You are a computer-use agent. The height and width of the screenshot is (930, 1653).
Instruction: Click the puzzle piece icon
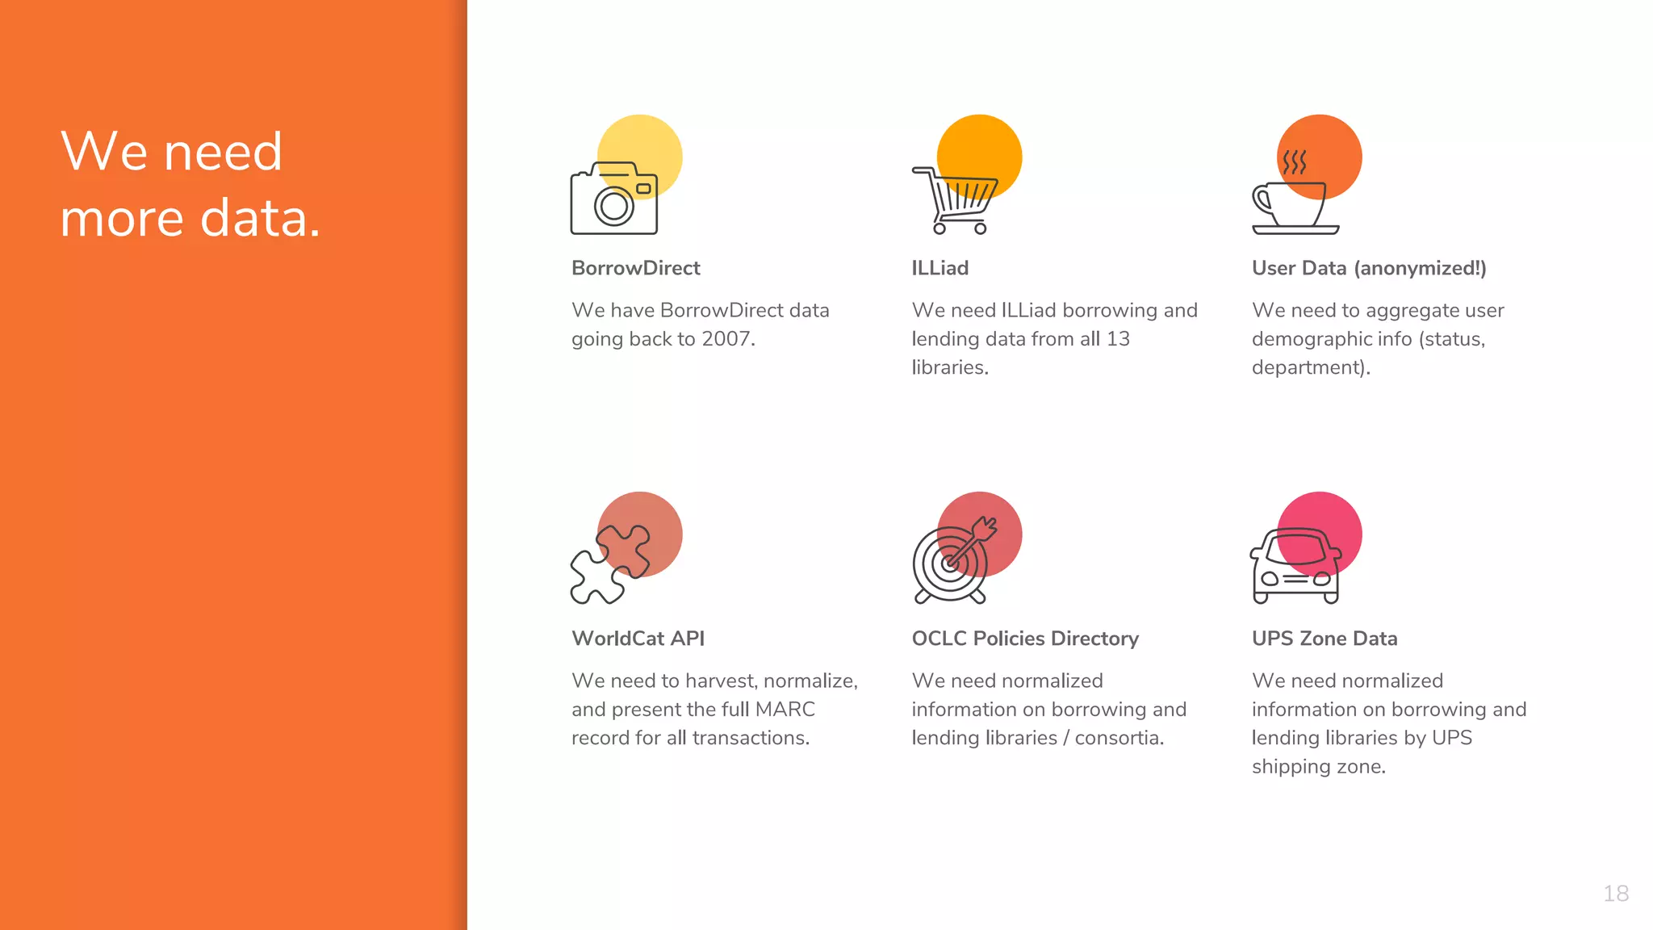coord(609,565)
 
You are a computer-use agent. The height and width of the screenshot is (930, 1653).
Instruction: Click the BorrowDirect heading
coord(635,268)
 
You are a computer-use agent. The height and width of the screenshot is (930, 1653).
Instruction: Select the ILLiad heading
coord(939,268)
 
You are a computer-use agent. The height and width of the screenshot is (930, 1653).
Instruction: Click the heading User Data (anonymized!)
coord(1369,268)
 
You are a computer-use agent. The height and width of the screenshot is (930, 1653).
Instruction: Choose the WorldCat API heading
coord(638,639)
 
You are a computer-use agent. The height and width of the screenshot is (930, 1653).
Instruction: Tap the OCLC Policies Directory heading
coord(1025,639)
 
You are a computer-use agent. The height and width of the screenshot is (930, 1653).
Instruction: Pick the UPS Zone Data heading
coord(1324,639)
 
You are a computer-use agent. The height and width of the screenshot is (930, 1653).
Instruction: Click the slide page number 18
coord(1616,894)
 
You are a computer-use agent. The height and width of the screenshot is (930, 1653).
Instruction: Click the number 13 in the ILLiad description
coord(1118,339)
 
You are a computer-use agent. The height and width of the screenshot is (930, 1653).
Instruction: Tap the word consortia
coord(1119,738)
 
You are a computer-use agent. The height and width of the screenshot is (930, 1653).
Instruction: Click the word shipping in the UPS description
coord(1289,767)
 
